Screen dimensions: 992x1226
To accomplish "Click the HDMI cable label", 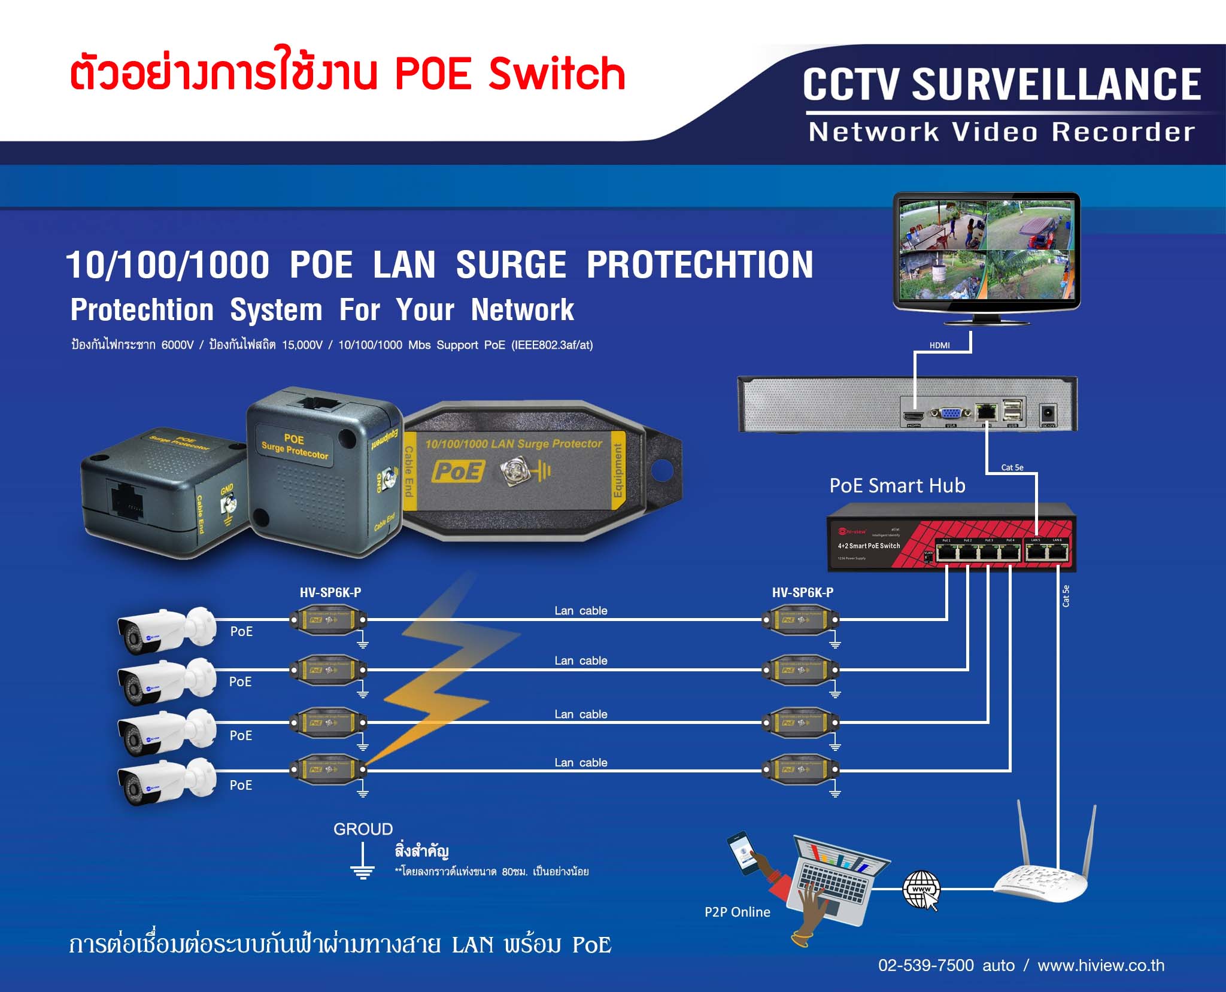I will point(939,345).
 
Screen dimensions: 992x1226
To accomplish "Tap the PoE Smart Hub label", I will point(897,485).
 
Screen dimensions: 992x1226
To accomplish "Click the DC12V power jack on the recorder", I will point(1048,413).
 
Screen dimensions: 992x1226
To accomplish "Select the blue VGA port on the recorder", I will point(950,413).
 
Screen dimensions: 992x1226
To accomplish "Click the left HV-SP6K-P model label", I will point(330,592).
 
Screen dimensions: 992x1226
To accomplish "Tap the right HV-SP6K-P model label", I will point(802,592).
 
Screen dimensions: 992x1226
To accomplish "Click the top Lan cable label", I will point(581,611).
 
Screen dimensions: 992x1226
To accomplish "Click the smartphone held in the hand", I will point(740,853).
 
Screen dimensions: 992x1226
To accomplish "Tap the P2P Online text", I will point(737,912).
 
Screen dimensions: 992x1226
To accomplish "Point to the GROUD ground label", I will point(363,829).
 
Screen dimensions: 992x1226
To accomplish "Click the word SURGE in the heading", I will point(511,264).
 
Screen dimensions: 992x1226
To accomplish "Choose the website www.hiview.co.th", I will point(1100,965).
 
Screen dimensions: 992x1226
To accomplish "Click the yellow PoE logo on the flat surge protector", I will point(458,471).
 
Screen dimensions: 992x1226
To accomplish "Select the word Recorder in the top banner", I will point(1123,132).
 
